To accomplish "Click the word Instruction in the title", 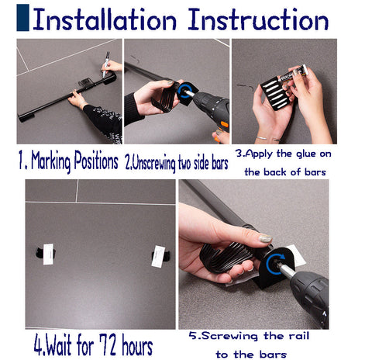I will (259, 20).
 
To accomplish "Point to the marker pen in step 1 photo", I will (106, 60).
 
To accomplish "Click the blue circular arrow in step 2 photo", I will (186, 91).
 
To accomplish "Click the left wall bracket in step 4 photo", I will (41, 252).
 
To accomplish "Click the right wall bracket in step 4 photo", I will (159, 255).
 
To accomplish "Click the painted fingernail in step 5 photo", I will (265, 239).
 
